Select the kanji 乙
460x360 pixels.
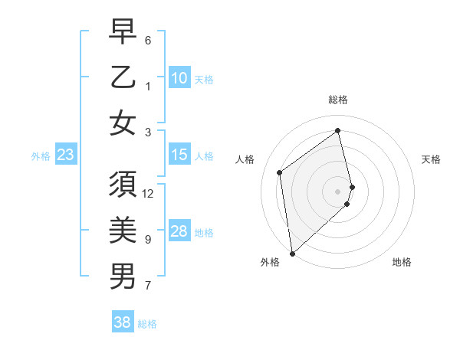123,78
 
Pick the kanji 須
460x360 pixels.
123,186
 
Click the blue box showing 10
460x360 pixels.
179,78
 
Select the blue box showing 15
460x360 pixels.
179,155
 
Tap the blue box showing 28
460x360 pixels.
179,231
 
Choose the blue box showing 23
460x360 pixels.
65,155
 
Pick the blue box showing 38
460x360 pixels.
122,322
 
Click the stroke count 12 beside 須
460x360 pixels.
148,193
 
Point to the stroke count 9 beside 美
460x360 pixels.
148,240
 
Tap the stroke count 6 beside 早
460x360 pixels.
148,40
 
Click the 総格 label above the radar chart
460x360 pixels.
338,100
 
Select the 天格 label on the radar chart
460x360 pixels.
431,159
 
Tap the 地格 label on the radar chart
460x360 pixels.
402,262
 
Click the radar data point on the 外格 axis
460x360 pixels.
292,253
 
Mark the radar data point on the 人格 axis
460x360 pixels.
280,172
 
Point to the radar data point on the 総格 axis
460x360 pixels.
338,131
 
